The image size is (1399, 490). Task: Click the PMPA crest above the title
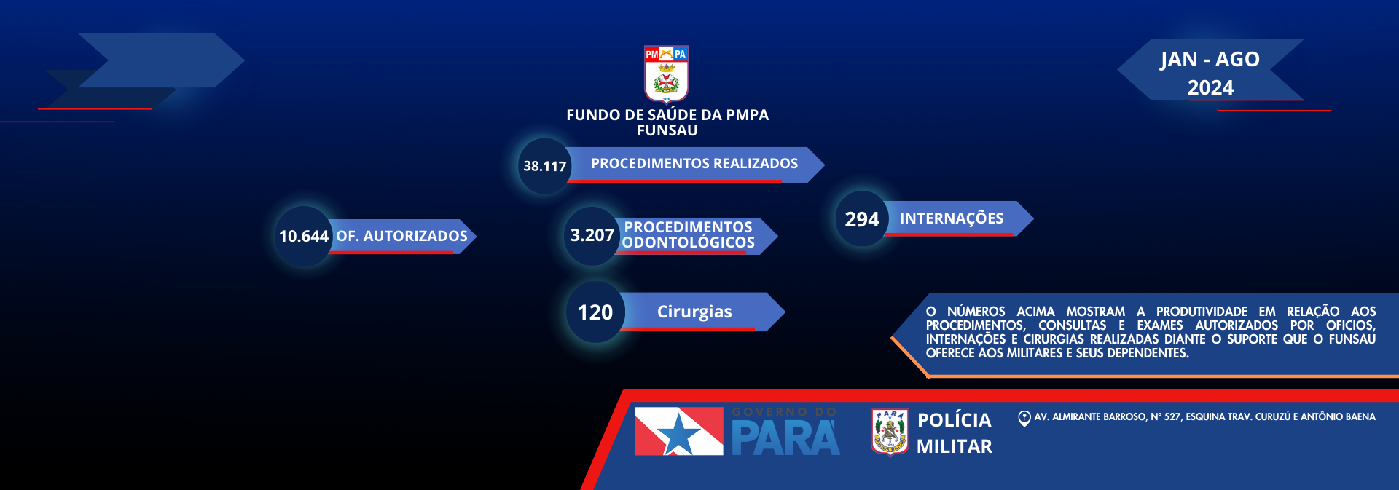coord(666,74)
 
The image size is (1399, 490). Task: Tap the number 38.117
coord(544,166)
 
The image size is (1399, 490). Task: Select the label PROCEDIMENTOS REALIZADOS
coord(694,164)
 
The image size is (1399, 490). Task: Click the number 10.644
coord(303,237)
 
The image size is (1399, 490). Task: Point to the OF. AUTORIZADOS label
coord(401,236)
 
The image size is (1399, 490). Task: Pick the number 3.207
coord(592,235)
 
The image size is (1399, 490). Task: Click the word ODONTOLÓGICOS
coord(688,243)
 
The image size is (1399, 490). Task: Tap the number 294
coord(861,219)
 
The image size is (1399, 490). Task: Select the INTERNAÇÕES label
coord(951,218)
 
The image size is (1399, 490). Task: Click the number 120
coord(595,312)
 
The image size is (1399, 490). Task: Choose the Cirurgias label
coord(694,312)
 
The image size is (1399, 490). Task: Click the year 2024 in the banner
coord(1210,88)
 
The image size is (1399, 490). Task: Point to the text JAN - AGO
coord(1210,59)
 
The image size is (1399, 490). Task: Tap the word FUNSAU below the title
coord(667,130)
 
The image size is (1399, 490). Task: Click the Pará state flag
coord(678,431)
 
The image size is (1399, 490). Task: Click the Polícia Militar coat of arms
coord(890,432)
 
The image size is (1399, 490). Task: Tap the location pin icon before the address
coord(1024,418)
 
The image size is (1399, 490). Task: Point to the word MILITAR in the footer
coord(954,446)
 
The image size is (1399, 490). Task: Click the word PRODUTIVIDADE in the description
coord(1201,312)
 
